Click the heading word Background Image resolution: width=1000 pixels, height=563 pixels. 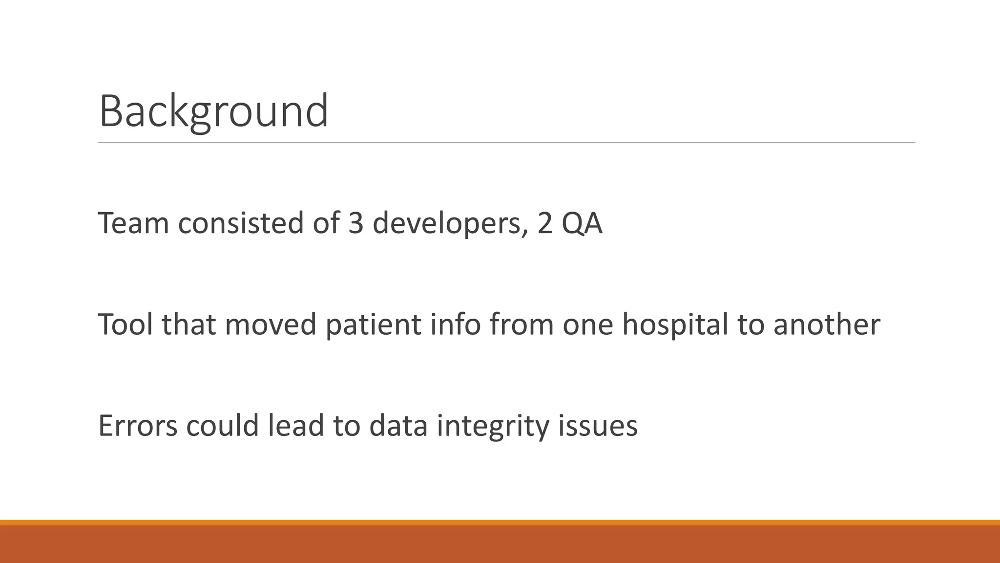click(213, 111)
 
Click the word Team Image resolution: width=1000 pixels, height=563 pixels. click(133, 223)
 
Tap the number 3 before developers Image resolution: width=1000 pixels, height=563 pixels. click(355, 223)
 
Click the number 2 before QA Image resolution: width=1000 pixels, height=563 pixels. click(545, 223)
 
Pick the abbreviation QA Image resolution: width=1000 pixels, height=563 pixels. click(582, 224)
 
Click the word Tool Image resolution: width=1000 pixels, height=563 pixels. click(125, 325)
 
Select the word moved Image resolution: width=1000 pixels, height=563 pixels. click(271, 325)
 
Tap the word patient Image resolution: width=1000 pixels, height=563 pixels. click(373, 325)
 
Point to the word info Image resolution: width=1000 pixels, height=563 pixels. click(456, 325)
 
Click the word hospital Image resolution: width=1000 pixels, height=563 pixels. click(675, 325)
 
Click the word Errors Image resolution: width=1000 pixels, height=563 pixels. click(138, 426)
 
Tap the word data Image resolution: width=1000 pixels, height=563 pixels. click(398, 426)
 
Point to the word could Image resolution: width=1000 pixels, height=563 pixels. click(222, 426)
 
